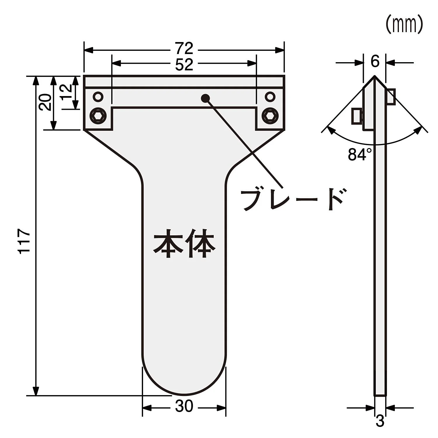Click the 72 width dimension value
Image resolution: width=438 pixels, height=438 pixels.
pyautogui.click(x=184, y=48)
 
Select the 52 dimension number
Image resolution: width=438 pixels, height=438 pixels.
pyautogui.click(x=184, y=65)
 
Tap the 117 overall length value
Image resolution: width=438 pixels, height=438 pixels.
pyautogui.click(x=24, y=241)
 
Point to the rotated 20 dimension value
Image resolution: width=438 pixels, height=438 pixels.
pyautogui.click(x=45, y=102)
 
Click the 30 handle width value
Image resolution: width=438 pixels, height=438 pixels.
pyautogui.click(x=184, y=406)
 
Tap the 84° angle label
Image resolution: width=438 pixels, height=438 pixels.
pyautogui.click(x=360, y=154)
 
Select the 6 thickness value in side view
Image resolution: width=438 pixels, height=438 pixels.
pyautogui.click(x=375, y=62)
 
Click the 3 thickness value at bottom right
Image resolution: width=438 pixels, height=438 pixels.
pyautogui.click(x=380, y=421)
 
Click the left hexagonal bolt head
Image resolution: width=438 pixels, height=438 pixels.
pyautogui.click(x=98, y=116)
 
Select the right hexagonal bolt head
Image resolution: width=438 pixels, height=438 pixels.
pyautogui.click(x=270, y=116)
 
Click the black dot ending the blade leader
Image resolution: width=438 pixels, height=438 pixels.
pyautogui.click(x=206, y=98)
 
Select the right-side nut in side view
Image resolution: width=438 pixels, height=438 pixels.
pyautogui.click(x=391, y=97)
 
